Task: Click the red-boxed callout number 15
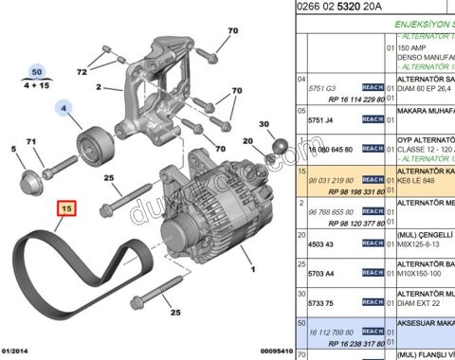[x=65, y=207]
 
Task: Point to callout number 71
[x=31, y=142]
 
